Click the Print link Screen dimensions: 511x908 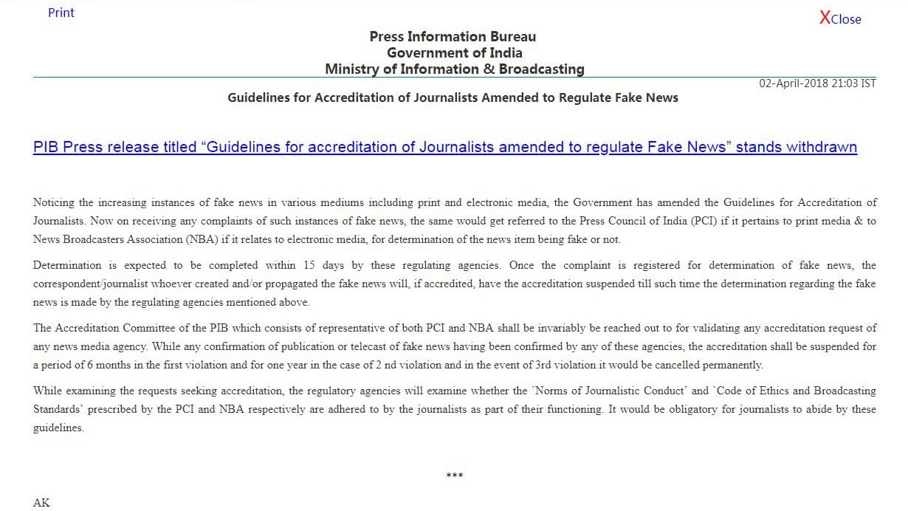tap(61, 13)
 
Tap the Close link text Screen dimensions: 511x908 tap(846, 20)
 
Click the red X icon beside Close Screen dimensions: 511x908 tap(825, 18)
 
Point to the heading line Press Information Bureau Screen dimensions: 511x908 tap(453, 36)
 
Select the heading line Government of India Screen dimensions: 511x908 tap(454, 52)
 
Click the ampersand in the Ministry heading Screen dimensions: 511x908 tap(487, 69)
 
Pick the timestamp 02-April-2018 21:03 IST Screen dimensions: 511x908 tap(817, 83)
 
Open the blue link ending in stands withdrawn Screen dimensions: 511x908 tap(444, 147)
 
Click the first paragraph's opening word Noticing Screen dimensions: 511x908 tap(54, 202)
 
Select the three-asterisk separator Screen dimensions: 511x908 tap(454, 475)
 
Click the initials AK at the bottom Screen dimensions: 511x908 tap(41, 503)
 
